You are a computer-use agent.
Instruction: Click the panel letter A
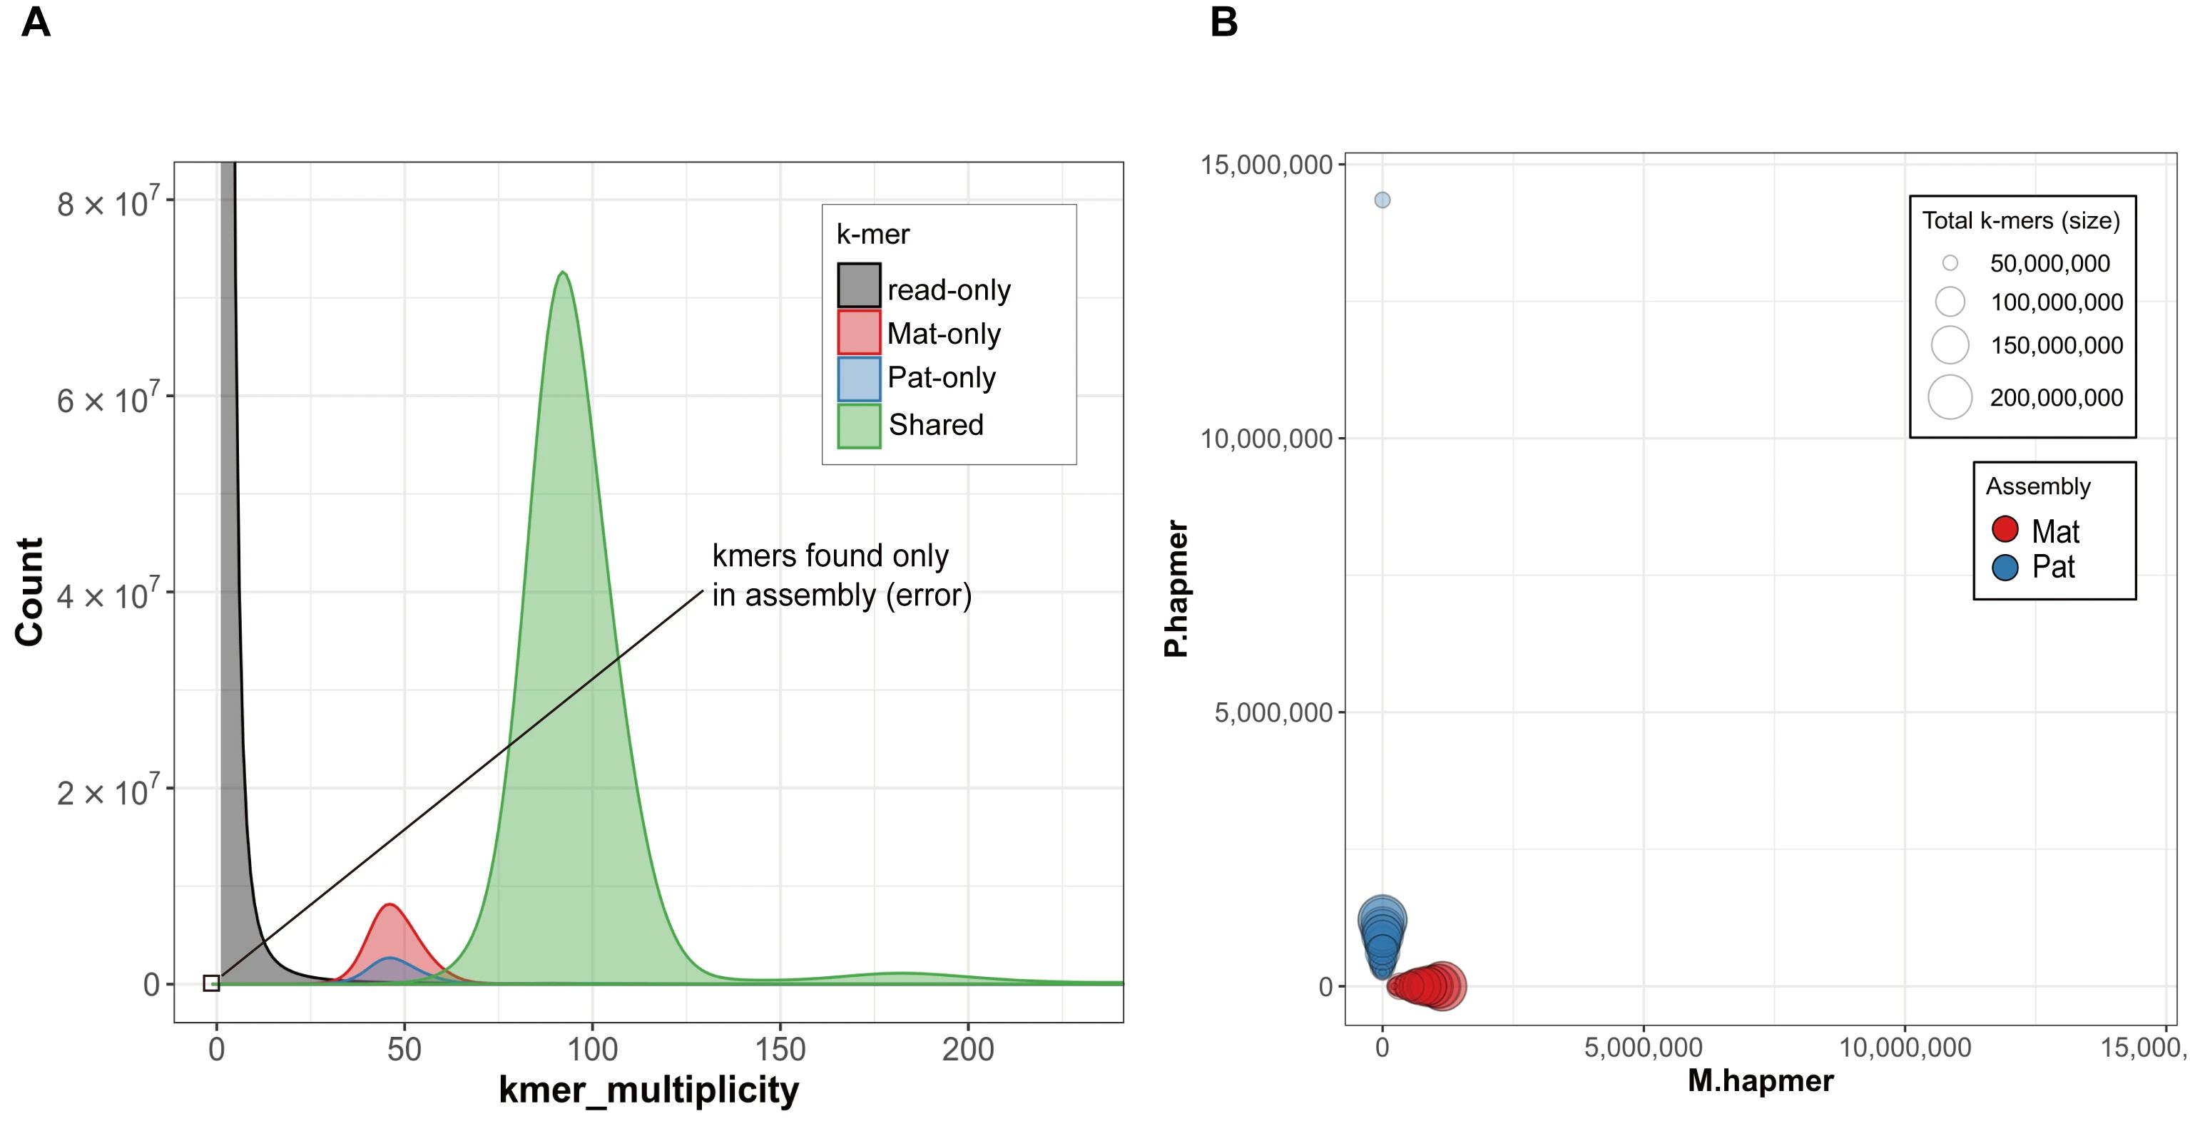[36, 22]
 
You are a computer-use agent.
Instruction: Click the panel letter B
[1223, 22]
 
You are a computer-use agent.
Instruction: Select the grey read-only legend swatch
[859, 285]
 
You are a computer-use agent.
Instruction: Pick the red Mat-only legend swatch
[859, 332]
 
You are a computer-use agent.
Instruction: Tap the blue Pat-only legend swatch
[859, 379]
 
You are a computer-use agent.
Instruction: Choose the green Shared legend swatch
[859, 426]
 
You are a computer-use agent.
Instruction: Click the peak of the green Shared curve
[563, 273]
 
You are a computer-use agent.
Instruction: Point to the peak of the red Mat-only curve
[389, 905]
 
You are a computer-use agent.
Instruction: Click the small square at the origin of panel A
[212, 983]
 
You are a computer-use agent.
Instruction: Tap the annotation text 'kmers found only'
[830, 556]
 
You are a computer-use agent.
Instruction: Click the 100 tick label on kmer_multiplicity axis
[593, 1050]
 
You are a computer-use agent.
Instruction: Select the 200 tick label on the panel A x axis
[967, 1050]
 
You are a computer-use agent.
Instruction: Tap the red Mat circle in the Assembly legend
[2005, 529]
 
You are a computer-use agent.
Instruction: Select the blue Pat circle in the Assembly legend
[2005, 567]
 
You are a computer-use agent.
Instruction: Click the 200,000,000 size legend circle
[1950, 397]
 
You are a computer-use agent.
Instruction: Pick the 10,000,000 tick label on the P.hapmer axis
[1266, 439]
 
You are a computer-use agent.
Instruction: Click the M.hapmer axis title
[1760, 1080]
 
